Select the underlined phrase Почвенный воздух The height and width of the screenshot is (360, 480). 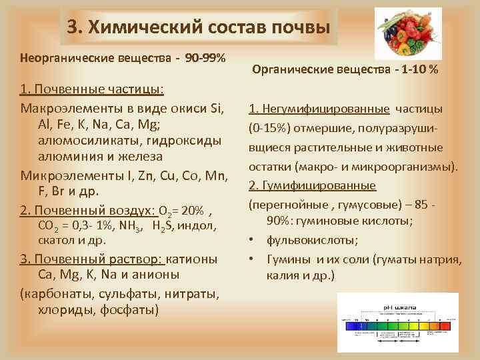94,211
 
